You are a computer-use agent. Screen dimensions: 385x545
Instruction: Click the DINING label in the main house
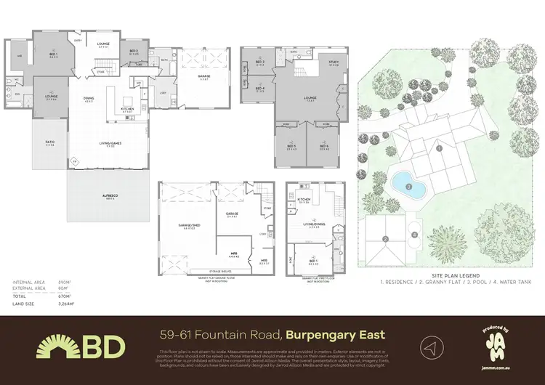pyautogui.click(x=89, y=99)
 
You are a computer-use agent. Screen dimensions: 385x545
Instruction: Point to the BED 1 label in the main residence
pyautogui.click(x=53, y=54)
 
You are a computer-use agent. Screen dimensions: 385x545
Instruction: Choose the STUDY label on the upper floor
pyautogui.click(x=334, y=62)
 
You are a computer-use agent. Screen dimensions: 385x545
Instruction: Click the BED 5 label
pyautogui.click(x=291, y=146)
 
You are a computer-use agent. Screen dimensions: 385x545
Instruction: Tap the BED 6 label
pyautogui.click(x=324, y=146)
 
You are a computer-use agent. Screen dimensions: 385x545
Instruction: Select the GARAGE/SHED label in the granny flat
pyautogui.click(x=189, y=227)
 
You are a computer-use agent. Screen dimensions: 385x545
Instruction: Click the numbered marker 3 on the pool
pyautogui.click(x=408, y=187)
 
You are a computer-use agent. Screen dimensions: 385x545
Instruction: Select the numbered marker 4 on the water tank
pyautogui.click(x=415, y=234)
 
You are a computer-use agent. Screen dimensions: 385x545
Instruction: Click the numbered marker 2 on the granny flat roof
pyautogui.click(x=387, y=239)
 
